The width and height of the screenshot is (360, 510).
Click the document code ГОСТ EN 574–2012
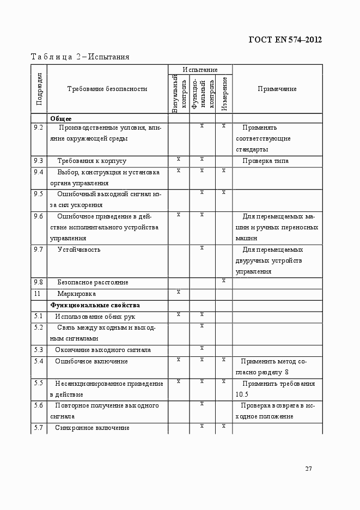coord(285,39)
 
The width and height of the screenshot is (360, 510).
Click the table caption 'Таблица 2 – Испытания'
coord(80,57)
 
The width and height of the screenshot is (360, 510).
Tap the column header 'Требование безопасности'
coord(107,89)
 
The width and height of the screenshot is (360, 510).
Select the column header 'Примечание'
coord(277,89)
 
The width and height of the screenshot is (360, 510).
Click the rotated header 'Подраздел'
coord(39,89)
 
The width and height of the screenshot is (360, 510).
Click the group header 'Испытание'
coord(200,70)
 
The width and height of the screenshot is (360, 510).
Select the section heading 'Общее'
coord(61,118)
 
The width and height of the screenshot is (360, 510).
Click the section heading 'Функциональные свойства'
coord(95,305)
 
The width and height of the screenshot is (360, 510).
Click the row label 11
coord(37,294)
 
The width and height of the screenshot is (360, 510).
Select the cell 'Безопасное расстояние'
coord(93,282)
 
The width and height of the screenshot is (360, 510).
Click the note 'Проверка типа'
coord(266,161)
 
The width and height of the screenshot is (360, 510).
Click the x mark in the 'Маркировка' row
coord(179,292)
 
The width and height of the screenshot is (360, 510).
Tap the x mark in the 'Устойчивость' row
coord(202,248)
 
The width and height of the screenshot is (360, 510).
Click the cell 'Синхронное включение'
coord(92,428)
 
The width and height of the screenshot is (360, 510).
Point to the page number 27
coord(308,469)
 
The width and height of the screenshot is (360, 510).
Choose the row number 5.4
coord(38,361)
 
